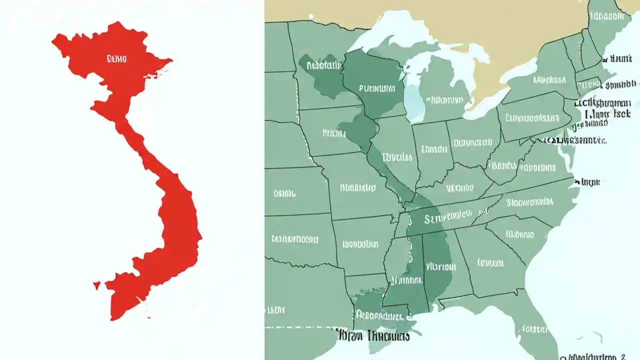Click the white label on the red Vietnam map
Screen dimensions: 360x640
tap(117, 59)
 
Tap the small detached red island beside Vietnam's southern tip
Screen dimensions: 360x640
tap(96, 285)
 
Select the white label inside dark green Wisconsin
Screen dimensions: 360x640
tap(377, 88)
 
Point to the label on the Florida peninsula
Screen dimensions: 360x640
tap(535, 329)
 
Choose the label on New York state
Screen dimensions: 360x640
tap(549, 79)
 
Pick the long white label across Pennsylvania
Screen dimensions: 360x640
tap(532, 118)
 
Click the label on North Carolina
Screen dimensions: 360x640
tap(529, 202)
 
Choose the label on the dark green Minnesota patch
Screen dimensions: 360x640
tap(322, 65)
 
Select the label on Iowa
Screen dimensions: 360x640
tap(333, 133)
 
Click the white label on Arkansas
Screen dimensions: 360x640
tap(360, 244)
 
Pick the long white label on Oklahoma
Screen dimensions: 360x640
tap(294, 238)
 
